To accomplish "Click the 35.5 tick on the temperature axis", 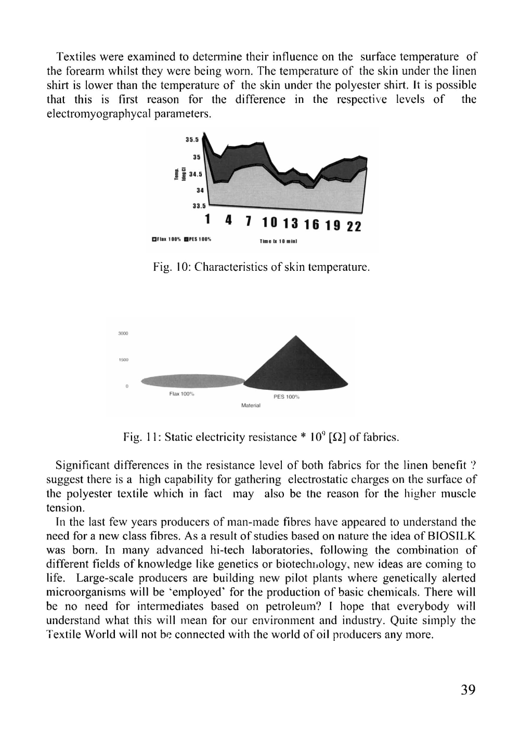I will pos(193,139).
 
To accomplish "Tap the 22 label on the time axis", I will pos(354,227).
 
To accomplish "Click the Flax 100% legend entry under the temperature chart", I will pos(165,240).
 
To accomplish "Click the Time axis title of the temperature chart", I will pos(278,242).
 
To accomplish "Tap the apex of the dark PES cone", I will pos(295,336).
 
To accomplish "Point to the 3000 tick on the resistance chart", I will pos(123,333).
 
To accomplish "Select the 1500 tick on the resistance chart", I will pos(123,359).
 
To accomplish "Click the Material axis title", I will pos(251,405).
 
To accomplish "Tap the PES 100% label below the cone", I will pos(287,397).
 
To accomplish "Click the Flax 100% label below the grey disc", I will pos(181,393).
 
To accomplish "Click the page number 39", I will pos(467,690).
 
